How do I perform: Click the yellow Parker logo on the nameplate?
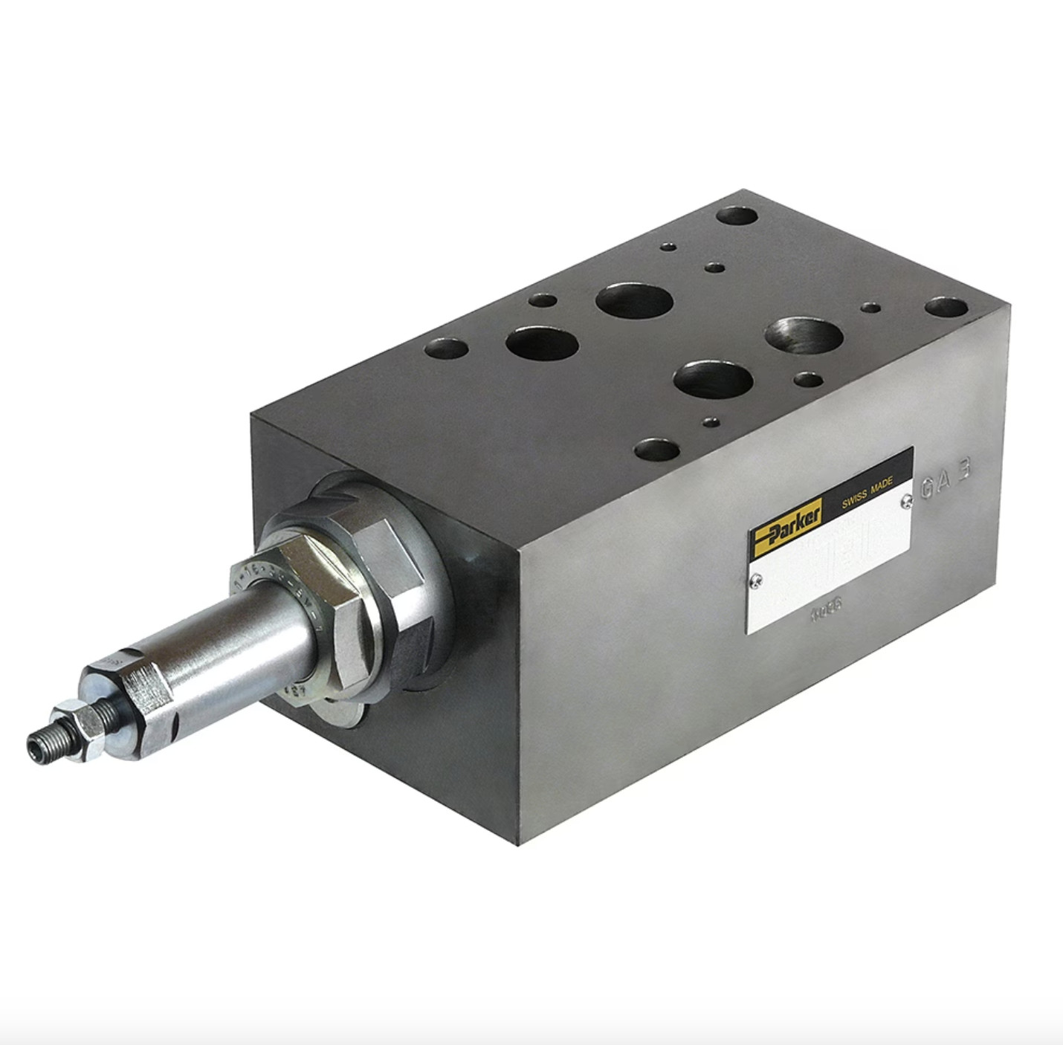(x=785, y=527)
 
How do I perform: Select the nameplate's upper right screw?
(x=905, y=502)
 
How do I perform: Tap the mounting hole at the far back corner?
(x=736, y=216)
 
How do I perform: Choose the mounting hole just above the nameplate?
(x=658, y=450)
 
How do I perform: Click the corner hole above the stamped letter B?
(x=946, y=306)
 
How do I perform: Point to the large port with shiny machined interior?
(x=803, y=336)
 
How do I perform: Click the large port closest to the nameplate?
(x=713, y=379)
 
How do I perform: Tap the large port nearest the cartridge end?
(x=542, y=344)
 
